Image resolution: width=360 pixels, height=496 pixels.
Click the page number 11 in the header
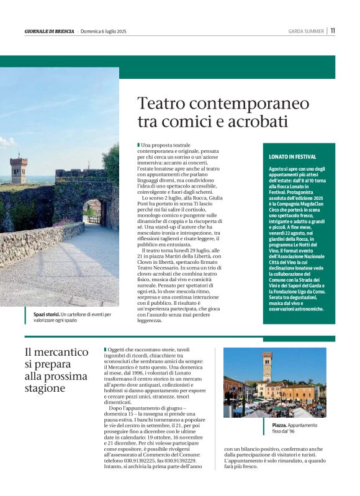click(333, 30)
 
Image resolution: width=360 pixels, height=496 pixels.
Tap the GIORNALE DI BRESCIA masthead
click(49, 31)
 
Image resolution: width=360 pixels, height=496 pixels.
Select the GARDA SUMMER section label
click(306, 30)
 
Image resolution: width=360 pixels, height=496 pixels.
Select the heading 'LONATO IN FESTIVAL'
click(292, 157)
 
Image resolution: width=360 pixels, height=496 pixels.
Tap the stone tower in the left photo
click(19, 169)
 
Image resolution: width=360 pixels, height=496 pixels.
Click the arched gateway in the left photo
click(92, 212)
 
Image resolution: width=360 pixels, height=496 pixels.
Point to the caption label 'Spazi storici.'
click(47, 315)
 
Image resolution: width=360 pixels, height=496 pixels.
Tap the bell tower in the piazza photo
click(267, 366)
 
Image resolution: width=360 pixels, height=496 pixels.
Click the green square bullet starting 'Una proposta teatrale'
click(138, 145)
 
